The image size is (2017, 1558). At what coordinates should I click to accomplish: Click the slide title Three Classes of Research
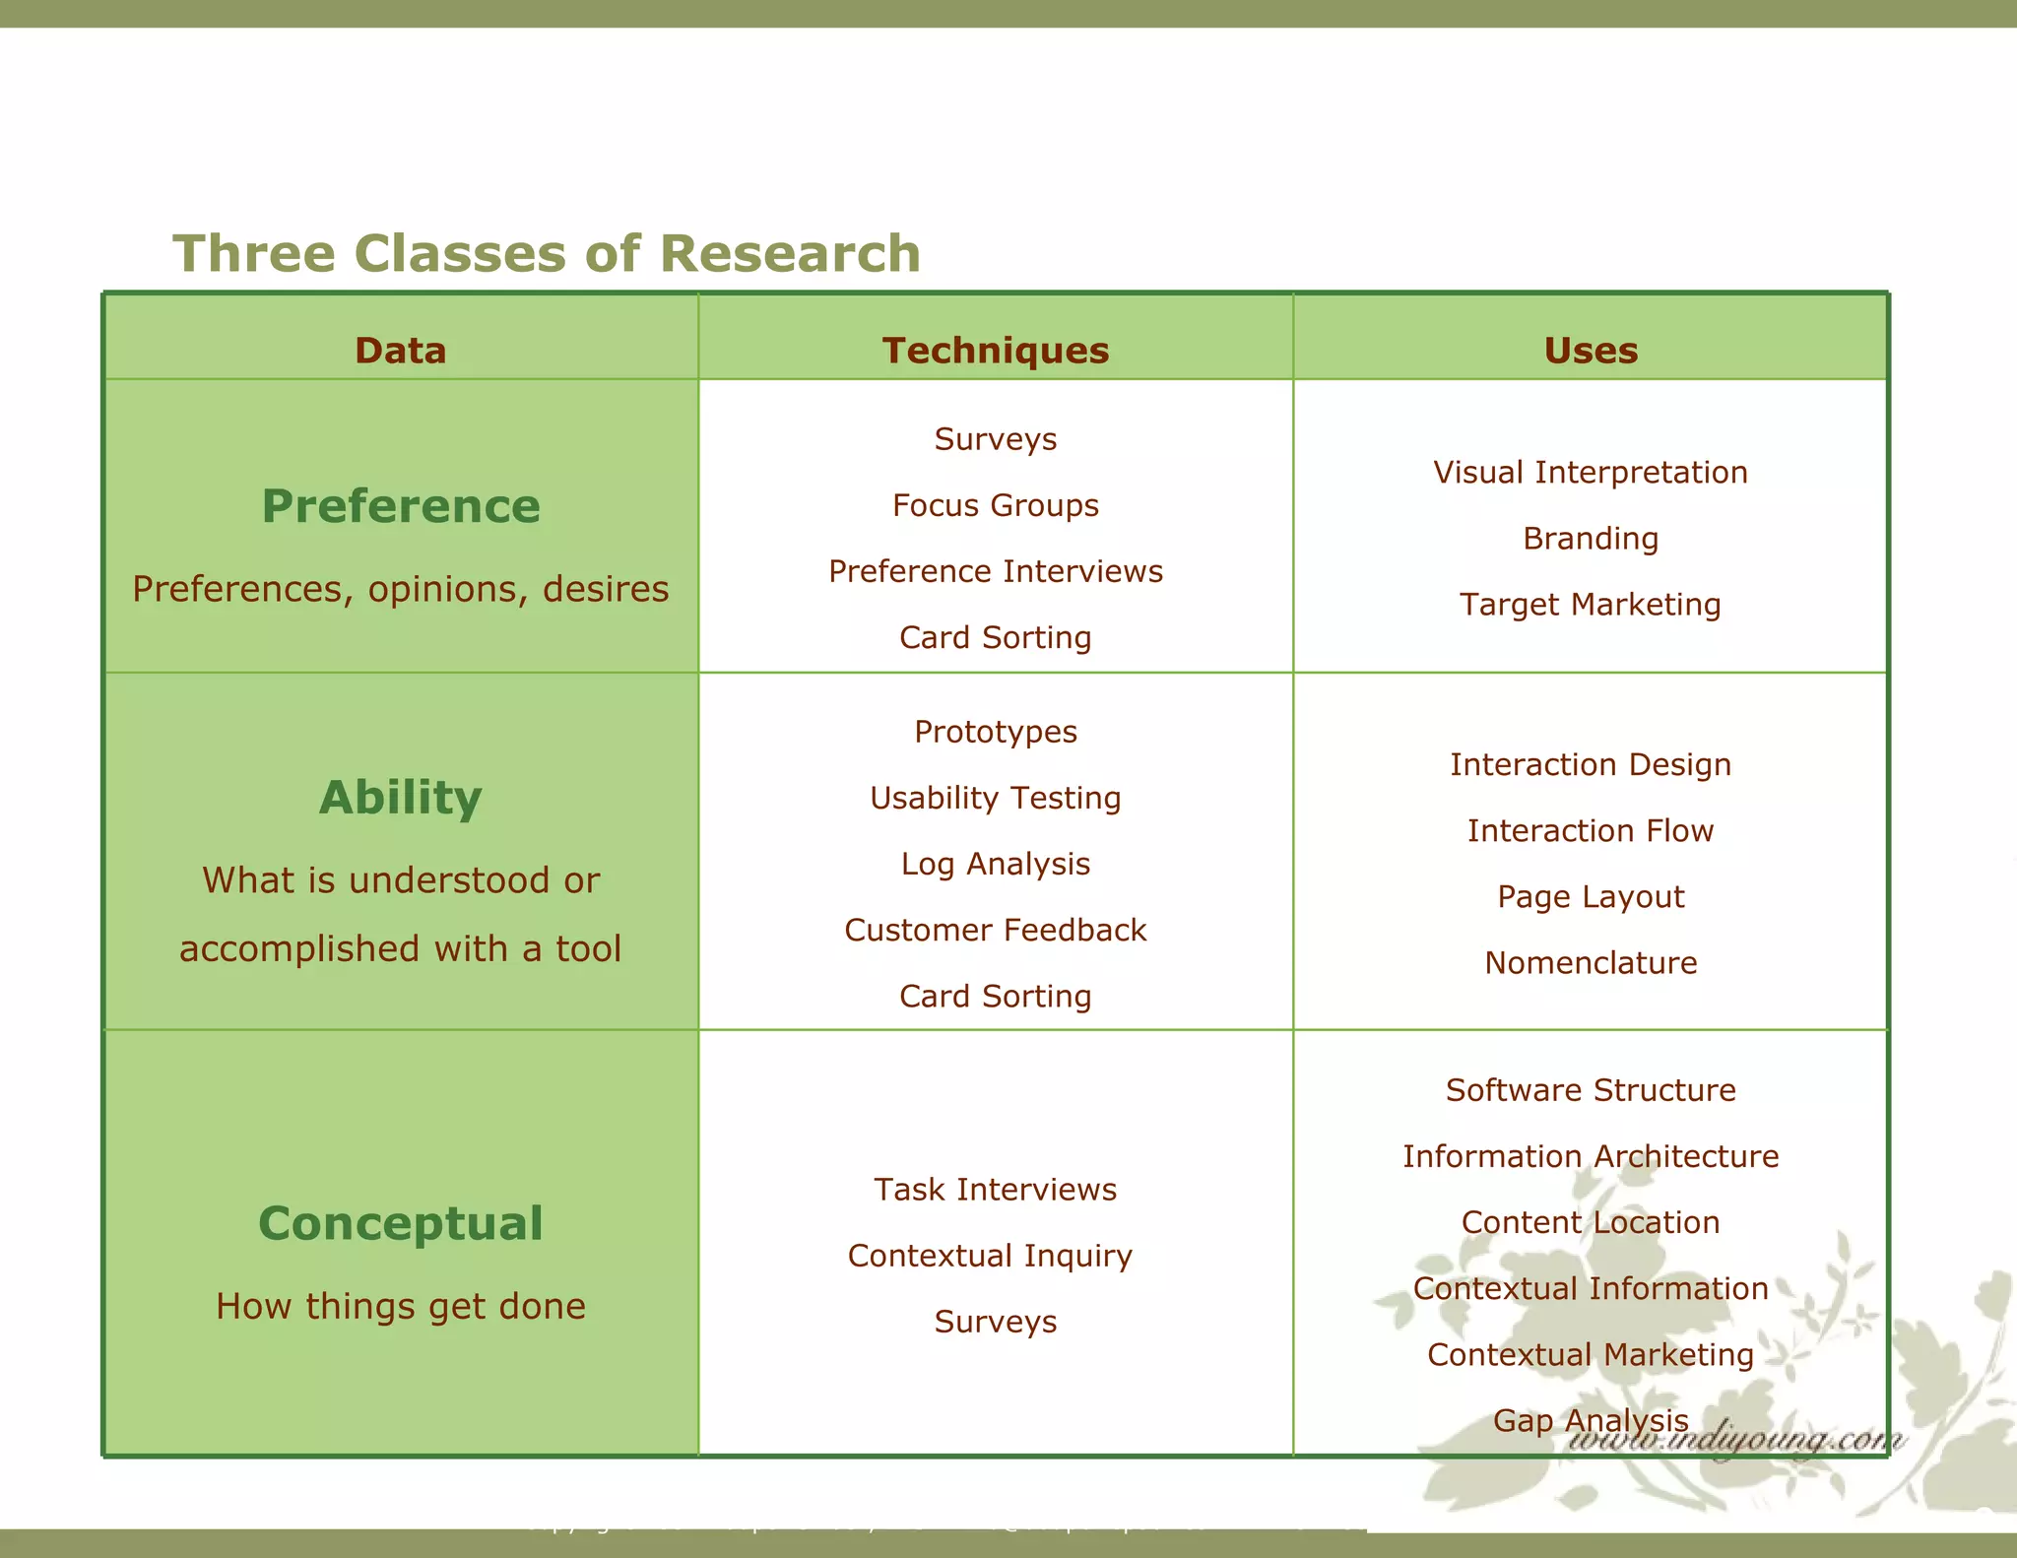pyautogui.click(x=547, y=253)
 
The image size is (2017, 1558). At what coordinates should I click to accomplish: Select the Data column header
pyautogui.click(x=400, y=351)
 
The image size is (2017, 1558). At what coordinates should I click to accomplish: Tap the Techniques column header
pyautogui.click(x=995, y=351)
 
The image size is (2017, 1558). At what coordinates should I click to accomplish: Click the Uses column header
pyautogui.click(x=1591, y=351)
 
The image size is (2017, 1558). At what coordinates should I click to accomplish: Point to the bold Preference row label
pyautogui.click(x=400, y=506)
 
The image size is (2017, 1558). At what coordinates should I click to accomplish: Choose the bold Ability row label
pyautogui.click(x=400, y=798)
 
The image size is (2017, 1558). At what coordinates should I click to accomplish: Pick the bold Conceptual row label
pyautogui.click(x=400, y=1223)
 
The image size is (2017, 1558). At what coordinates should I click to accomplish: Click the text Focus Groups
pyautogui.click(x=995, y=505)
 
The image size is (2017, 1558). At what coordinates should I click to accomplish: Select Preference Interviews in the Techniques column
pyautogui.click(x=995, y=571)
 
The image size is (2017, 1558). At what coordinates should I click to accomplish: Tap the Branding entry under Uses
pyautogui.click(x=1591, y=539)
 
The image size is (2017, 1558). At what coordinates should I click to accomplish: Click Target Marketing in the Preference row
pyautogui.click(x=1591, y=605)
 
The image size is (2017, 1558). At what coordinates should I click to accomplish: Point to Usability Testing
pyautogui.click(x=995, y=798)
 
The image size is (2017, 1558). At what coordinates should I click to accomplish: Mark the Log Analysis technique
pyautogui.click(x=995, y=864)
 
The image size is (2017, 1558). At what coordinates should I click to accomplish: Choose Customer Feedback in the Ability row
pyautogui.click(x=995, y=930)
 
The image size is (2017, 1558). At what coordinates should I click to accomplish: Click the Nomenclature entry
pyautogui.click(x=1591, y=962)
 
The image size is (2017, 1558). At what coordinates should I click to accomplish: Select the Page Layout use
pyautogui.click(x=1591, y=896)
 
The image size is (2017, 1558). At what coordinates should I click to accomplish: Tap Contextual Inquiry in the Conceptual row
pyautogui.click(x=990, y=1256)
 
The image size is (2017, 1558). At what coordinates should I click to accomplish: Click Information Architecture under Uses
pyautogui.click(x=1591, y=1156)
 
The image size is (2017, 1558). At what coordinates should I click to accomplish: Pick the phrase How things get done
pyautogui.click(x=400, y=1306)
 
